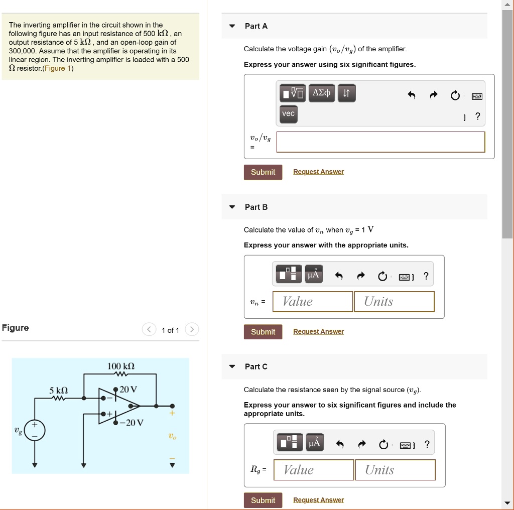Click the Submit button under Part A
click(x=263, y=172)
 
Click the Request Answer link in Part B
click(x=318, y=332)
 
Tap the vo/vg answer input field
click(x=380, y=142)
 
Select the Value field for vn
click(x=313, y=302)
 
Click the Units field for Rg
click(x=395, y=470)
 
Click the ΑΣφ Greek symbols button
click(x=321, y=93)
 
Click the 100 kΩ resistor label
click(x=121, y=366)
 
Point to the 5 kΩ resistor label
click(x=58, y=390)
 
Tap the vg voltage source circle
click(x=35, y=430)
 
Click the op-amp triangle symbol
click(x=117, y=406)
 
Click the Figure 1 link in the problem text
click(x=58, y=68)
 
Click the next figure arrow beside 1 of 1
click(x=192, y=330)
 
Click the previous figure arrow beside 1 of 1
click(x=149, y=330)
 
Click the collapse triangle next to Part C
click(x=232, y=366)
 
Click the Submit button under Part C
click(x=263, y=500)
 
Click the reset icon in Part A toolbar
click(x=455, y=95)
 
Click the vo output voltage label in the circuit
click(x=172, y=437)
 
